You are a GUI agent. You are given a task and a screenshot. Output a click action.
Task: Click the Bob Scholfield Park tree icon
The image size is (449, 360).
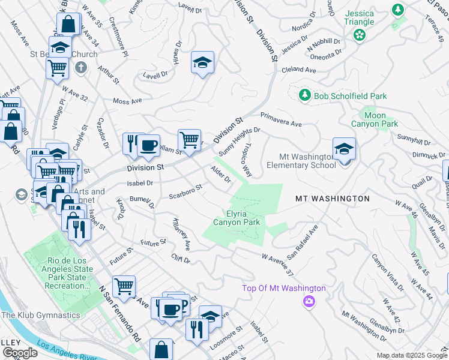pos(305,96)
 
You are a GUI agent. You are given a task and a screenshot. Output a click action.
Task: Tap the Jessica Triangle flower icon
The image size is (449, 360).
pos(360,35)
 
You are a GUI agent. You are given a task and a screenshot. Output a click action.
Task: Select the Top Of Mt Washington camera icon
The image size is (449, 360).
pos(309,301)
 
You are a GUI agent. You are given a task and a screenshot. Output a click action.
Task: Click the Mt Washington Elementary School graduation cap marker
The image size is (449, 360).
pos(344,149)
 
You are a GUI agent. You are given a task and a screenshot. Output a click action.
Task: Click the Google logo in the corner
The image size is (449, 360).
pos(19,352)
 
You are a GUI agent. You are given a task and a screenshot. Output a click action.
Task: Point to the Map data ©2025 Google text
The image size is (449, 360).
pos(411,355)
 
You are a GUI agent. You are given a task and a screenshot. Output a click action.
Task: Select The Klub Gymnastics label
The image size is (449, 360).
pos(40,315)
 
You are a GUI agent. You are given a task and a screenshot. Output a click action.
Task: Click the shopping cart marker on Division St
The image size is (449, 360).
pos(189,140)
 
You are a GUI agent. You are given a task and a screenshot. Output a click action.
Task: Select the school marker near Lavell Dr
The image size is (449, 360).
pos(203,62)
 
